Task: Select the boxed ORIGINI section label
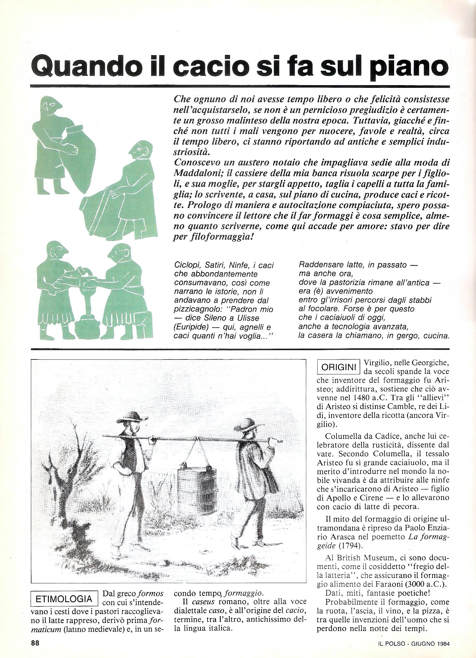[x=338, y=368]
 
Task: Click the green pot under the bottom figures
[x=86, y=328]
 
